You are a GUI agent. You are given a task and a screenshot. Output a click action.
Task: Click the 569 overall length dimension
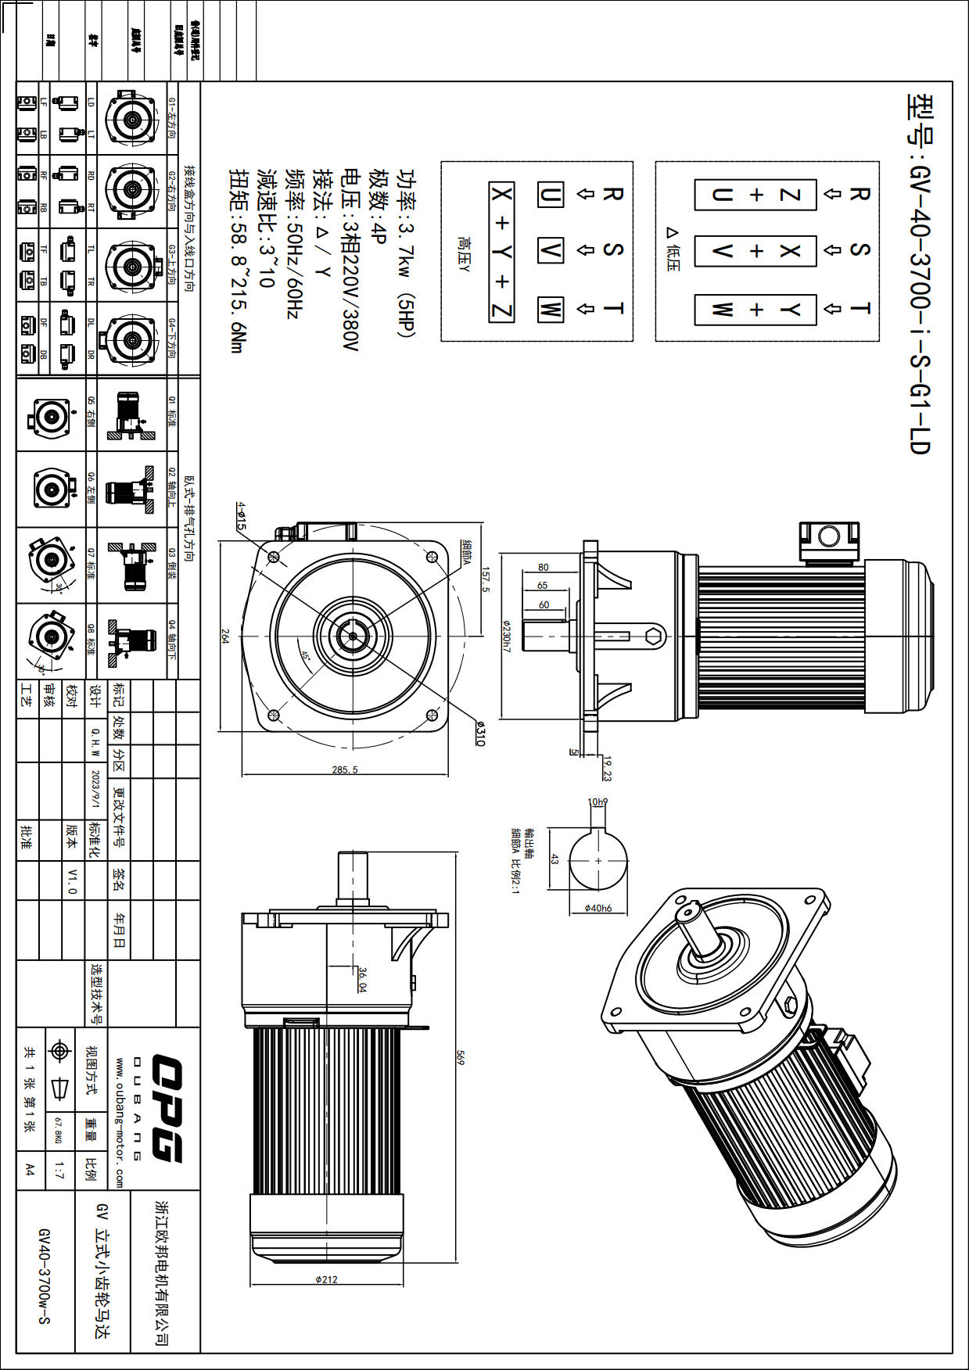(x=461, y=1057)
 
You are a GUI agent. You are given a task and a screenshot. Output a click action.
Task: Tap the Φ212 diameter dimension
(x=326, y=1280)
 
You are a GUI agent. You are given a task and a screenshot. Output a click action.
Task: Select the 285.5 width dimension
(x=344, y=770)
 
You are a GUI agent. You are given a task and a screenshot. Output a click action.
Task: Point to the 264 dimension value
(x=225, y=637)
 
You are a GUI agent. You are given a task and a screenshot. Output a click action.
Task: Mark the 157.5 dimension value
(x=485, y=579)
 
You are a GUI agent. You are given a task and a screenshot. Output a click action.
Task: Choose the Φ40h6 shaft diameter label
(x=598, y=909)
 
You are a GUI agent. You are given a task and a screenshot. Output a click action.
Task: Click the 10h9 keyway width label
(x=598, y=802)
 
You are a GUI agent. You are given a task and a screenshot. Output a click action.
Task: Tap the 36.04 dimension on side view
(x=362, y=980)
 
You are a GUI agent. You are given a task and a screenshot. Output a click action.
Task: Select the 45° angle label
(x=306, y=657)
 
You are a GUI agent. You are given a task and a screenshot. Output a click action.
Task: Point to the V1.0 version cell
(x=72, y=880)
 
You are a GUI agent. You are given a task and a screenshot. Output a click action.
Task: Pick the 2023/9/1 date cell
(x=95, y=790)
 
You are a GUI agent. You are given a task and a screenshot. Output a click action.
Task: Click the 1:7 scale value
(x=59, y=1171)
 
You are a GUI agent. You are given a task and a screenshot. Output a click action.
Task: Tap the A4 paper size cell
(x=30, y=1170)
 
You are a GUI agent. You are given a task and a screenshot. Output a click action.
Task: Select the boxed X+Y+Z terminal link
(x=501, y=252)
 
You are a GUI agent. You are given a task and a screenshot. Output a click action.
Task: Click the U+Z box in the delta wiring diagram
(x=755, y=195)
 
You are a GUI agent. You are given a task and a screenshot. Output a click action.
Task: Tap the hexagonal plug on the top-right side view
(x=655, y=637)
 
